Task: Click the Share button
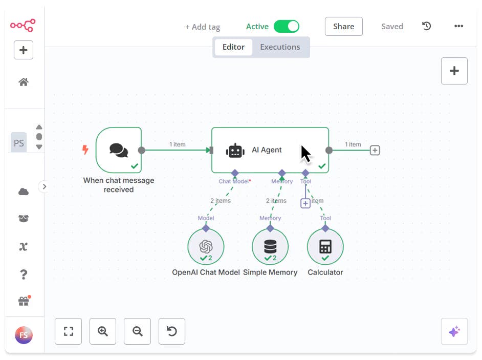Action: pyautogui.click(x=343, y=27)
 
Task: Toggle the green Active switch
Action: pyautogui.click(x=286, y=27)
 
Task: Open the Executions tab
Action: pyautogui.click(x=280, y=47)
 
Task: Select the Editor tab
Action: pyautogui.click(x=233, y=47)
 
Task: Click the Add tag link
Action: pyautogui.click(x=203, y=27)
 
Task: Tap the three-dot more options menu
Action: pyautogui.click(x=458, y=27)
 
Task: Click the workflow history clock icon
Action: pyautogui.click(x=426, y=26)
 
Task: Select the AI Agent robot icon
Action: pyautogui.click(x=235, y=151)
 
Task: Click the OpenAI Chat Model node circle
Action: pyautogui.click(x=206, y=247)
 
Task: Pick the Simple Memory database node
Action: pyautogui.click(x=270, y=247)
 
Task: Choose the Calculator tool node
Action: pyautogui.click(x=325, y=247)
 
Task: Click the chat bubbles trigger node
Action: pyautogui.click(x=119, y=150)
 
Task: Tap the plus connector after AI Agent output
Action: pyautogui.click(x=375, y=151)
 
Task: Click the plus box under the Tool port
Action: pyautogui.click(x=305, y=203)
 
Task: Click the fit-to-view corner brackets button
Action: pyautogui.click(x=69, y=331)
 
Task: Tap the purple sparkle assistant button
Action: pyautogui.click(x=454, y=332)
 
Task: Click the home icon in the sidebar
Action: pyautogui.click(x=24, y=82)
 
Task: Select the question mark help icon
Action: pyautogui.click(x=24, y=274)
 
